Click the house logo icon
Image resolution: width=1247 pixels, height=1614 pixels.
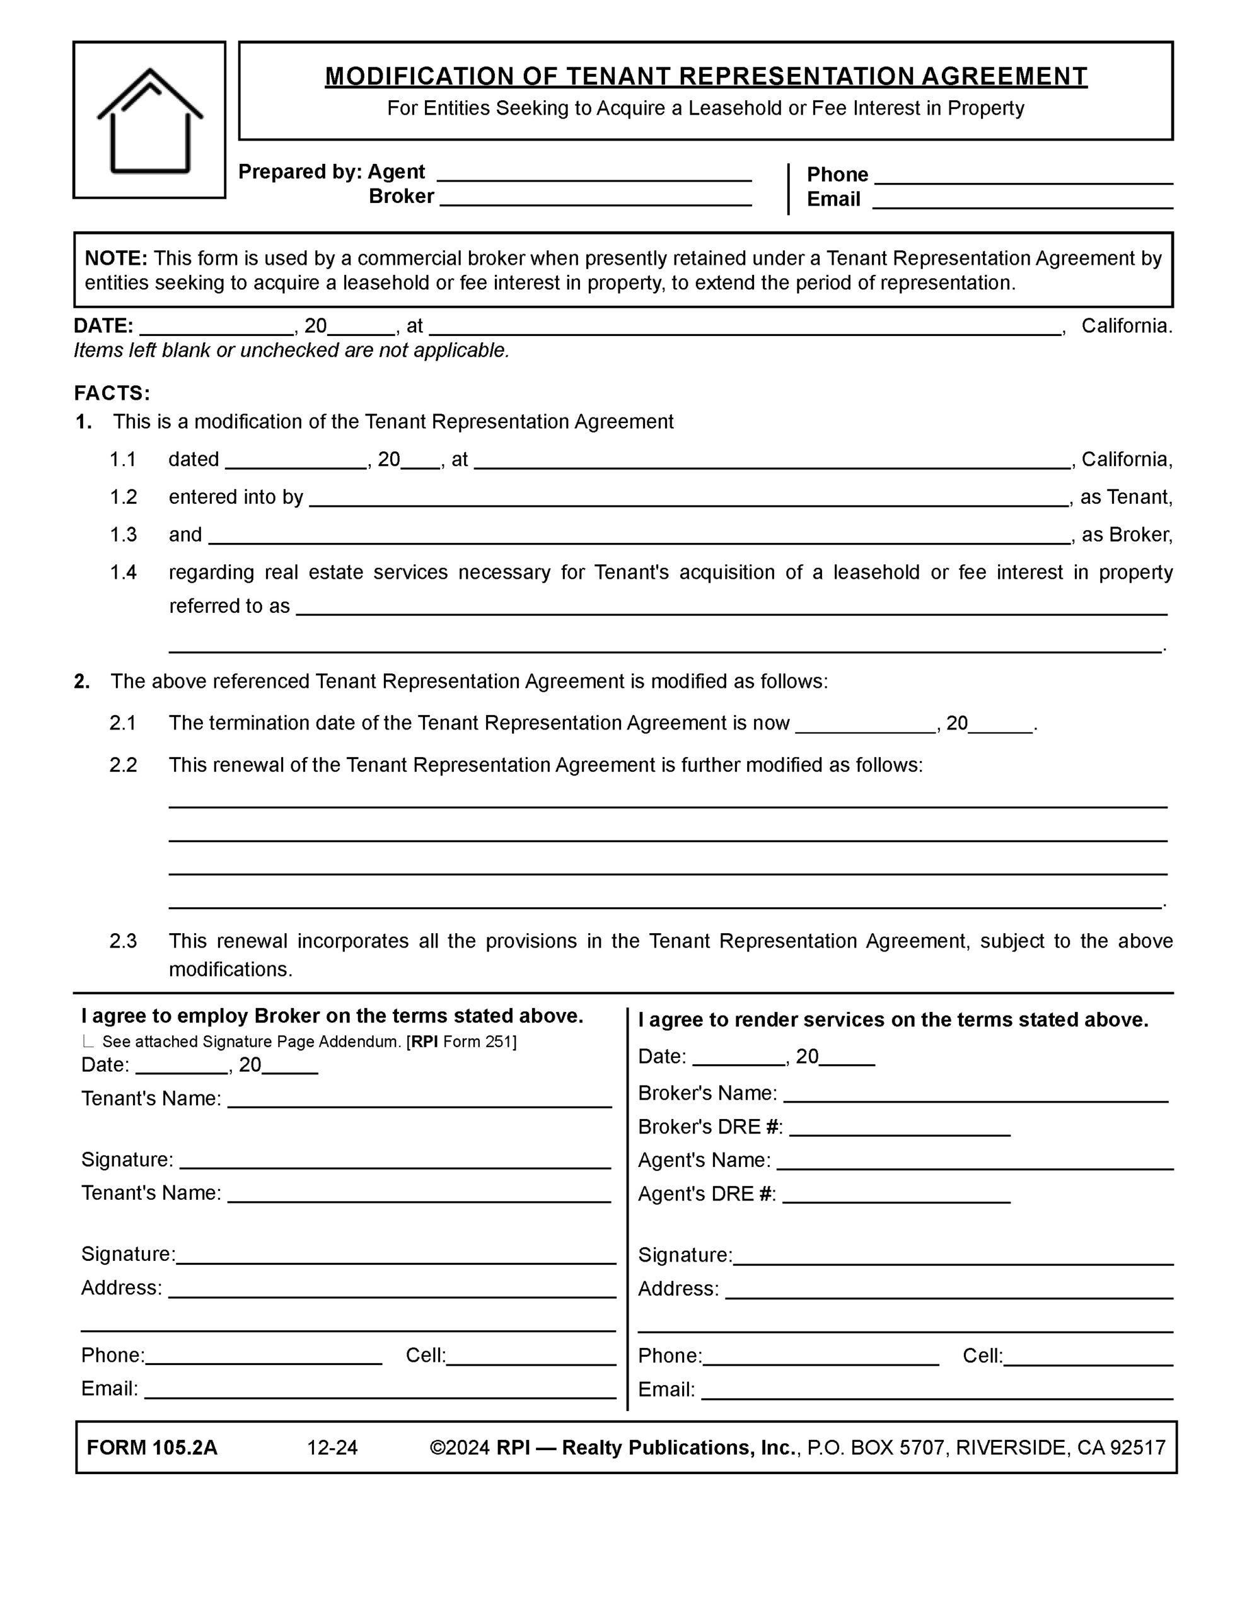pyautogui.click(x=149, y=120)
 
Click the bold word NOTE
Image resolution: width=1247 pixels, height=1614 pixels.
pyautogui.click(x=116, y=258)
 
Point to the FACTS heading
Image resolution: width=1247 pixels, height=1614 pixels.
pyautogui.click(x=112, y=392)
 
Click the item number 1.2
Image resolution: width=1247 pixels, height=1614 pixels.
pyautogui.click(x=124, y=497)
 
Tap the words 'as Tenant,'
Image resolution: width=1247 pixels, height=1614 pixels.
pyautogui.click(x=1126, y=497)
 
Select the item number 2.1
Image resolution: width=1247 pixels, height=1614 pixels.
pyautogui.click(x=124, y=723)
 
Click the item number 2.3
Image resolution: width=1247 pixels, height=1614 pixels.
pyautogui.click(x=124, y=941)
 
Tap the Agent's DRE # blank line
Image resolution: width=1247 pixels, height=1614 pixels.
pyautogui.click(x=896, y=1197)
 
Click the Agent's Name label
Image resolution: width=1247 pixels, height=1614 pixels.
pyautogui.click(x=704, y=1160)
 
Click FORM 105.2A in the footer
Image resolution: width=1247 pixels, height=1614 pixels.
pyautogui.click(x=153, y=1448)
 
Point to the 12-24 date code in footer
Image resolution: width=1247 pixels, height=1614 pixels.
pyautogui.click(x=333, y=1448)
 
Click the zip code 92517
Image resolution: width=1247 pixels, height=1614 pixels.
pyautogui.click(x=1137, y=1448)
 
